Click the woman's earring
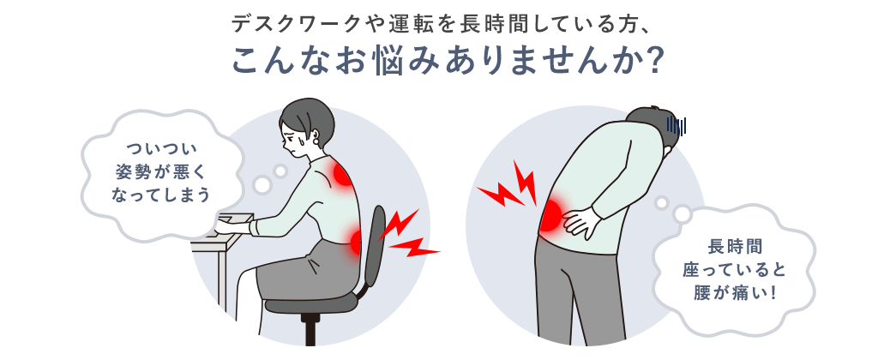tap(317, 139)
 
